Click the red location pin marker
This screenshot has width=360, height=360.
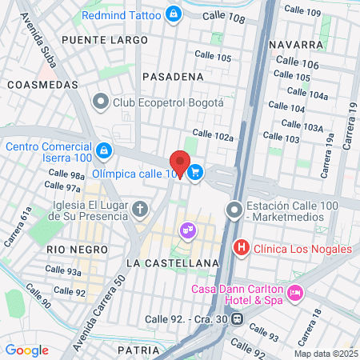click(180, 163)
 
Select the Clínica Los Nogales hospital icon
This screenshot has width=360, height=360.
click(240, 248)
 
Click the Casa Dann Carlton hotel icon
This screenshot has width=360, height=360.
click(295, 294)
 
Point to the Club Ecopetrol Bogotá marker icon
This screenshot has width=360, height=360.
click(101, 102)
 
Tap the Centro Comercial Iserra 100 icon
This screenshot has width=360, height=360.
click(103, 150)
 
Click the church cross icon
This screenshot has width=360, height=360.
click(140, 210)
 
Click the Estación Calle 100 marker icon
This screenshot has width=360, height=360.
click(234, 210)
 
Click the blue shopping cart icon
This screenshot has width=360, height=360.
click(196, 172)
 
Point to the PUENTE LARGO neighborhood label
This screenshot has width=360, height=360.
click(105, 39)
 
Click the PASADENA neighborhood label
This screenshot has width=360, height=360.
click(172, 76)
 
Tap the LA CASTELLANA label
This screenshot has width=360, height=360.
click(173, 262)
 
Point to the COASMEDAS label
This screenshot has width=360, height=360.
click(42, 84)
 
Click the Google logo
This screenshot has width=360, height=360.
click(27, 350)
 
